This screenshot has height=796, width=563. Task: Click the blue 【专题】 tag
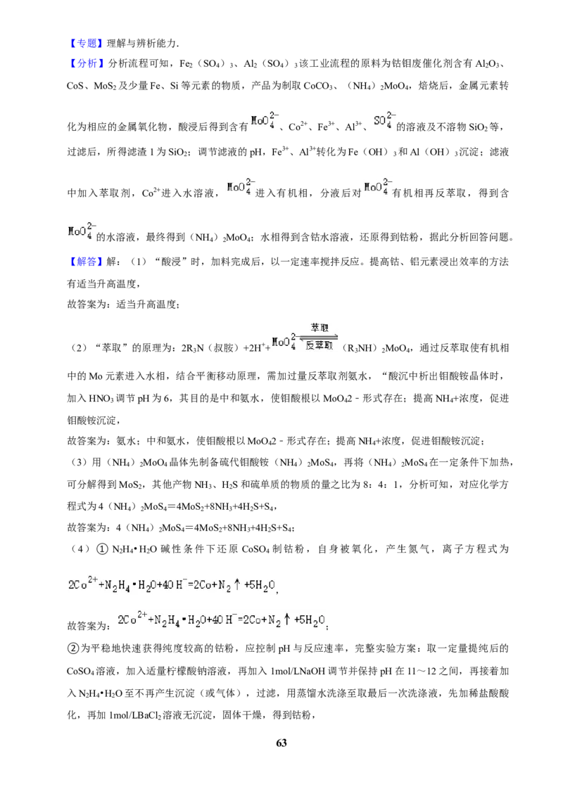tap(85, 43)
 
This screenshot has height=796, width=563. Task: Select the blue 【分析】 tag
tap(86, 63)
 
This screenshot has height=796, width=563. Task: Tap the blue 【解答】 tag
tap(85, 262)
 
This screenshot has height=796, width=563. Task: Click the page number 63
tap(281, 743)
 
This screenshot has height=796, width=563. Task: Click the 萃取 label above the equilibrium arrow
tap(320, 328)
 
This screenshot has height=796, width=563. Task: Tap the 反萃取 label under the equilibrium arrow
tap(319, 346)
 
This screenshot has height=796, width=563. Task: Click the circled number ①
tap(102, 549)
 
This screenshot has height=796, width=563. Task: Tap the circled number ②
tap(72, 648)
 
